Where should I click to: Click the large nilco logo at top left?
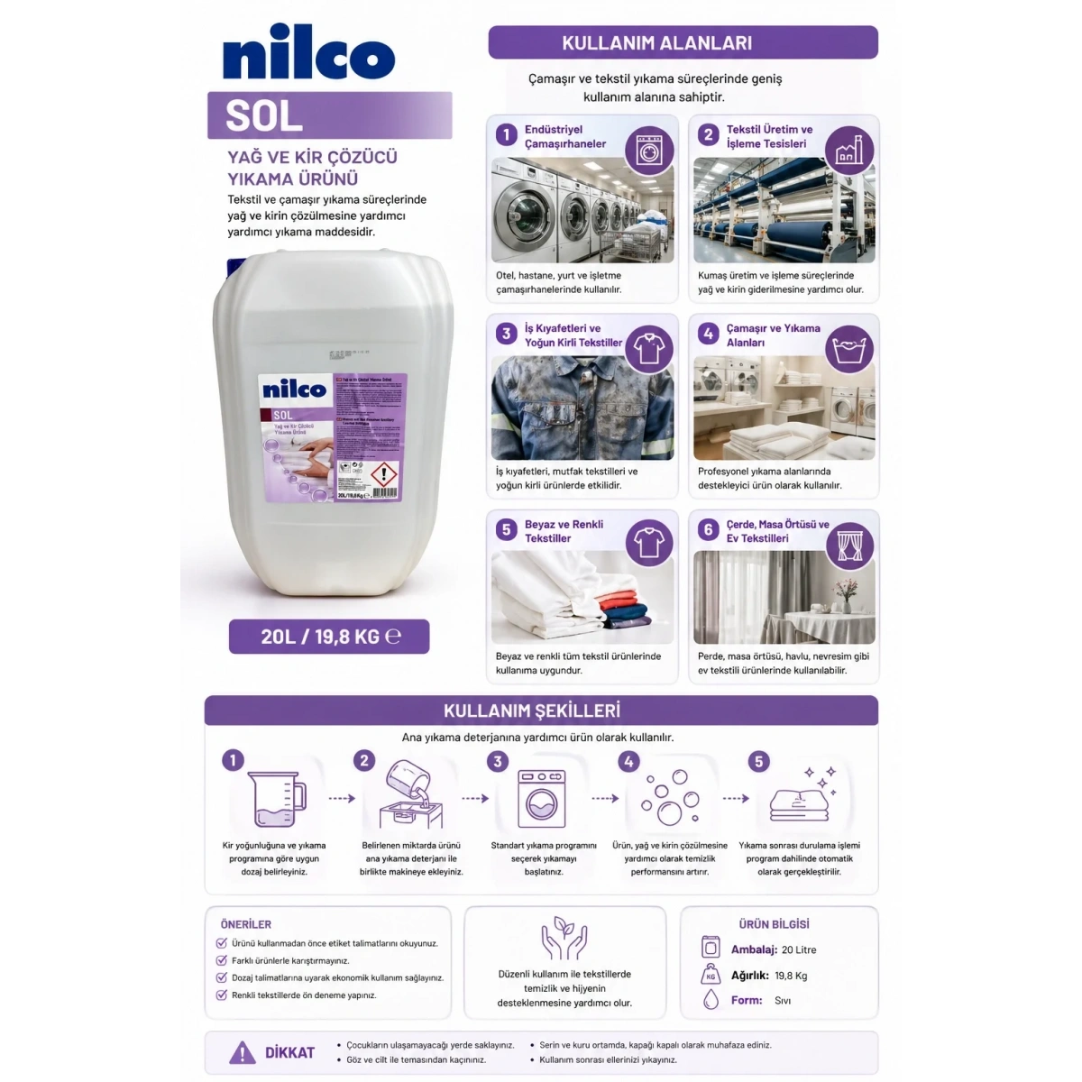tap(308, 58)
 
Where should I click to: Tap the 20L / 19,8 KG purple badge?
tap(329, 637)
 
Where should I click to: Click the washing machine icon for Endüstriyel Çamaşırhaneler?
tap(649, 150)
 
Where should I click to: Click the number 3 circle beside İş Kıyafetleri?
tap(506, 334)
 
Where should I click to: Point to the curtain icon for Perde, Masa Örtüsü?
tap(849, 545)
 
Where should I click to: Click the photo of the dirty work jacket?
tap(582, 408)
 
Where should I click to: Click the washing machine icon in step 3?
tap(541, 799)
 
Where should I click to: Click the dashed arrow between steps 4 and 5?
tap(736, 799)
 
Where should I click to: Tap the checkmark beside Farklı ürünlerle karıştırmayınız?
tap(222, 961)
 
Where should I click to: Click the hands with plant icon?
tap(564, 939)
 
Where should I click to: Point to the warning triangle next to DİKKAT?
tap(242, 1052)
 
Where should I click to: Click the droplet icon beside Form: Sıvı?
tap(711, 1000)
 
